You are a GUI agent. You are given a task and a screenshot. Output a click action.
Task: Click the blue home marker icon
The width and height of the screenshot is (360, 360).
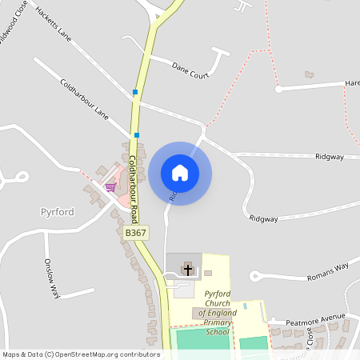[x=180, y=173]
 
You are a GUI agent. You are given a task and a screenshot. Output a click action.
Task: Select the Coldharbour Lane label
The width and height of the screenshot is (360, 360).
[x=84, y=98]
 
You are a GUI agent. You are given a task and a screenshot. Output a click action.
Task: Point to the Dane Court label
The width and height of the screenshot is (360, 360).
[x=190, y=70]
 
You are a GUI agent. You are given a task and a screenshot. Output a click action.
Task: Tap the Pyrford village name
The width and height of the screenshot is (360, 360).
[x=57, y=212]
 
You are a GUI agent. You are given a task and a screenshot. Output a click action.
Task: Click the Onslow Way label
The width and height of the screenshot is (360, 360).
[x=52, y=279]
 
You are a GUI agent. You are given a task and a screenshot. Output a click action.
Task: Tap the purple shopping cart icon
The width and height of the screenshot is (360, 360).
[x=110, y=186]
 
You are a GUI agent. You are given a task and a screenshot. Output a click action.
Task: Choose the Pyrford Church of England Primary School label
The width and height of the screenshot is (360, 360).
[x=217, y=312]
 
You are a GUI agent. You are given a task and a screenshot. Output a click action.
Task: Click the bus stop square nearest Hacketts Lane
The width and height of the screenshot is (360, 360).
[x=135, y=93]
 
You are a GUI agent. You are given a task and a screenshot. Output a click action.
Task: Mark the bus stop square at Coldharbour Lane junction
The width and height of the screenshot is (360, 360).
[x=137, y=135]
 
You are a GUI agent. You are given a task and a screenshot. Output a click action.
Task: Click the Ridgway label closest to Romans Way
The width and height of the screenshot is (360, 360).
[x=263, y=218]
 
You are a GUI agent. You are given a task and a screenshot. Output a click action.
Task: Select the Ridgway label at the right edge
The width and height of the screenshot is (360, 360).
[x=330, y=157]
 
